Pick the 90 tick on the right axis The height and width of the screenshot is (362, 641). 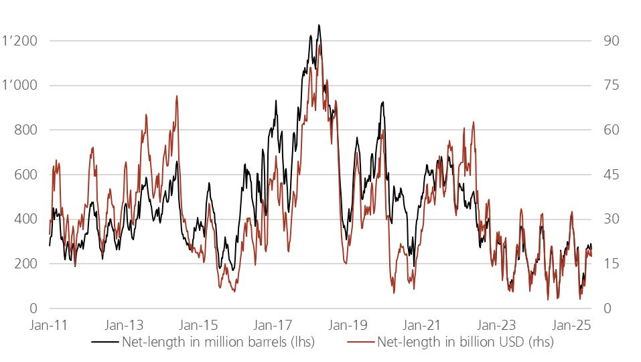tap(611, 41)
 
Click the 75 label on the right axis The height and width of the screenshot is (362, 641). tap(611, 86)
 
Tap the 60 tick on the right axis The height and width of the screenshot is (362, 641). tap(611, 130)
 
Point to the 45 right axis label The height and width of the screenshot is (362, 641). tap(611, 175)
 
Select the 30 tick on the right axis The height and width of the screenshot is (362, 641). tap(611, 219)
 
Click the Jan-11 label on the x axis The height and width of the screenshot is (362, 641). tap(50, 325)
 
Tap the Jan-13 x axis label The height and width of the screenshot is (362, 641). tap(125, 325)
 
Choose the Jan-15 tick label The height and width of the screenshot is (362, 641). tap(199, 325)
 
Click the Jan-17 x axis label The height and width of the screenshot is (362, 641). tap(274, 325)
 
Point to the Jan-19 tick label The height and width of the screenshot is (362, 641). tap(348, 325)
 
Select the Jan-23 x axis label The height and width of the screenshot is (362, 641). tap(497, 325)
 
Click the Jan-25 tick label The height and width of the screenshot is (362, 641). tap(571, 325)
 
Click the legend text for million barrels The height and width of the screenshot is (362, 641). tap(217, 343)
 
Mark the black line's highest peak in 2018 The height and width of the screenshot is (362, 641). tap(319, 25)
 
